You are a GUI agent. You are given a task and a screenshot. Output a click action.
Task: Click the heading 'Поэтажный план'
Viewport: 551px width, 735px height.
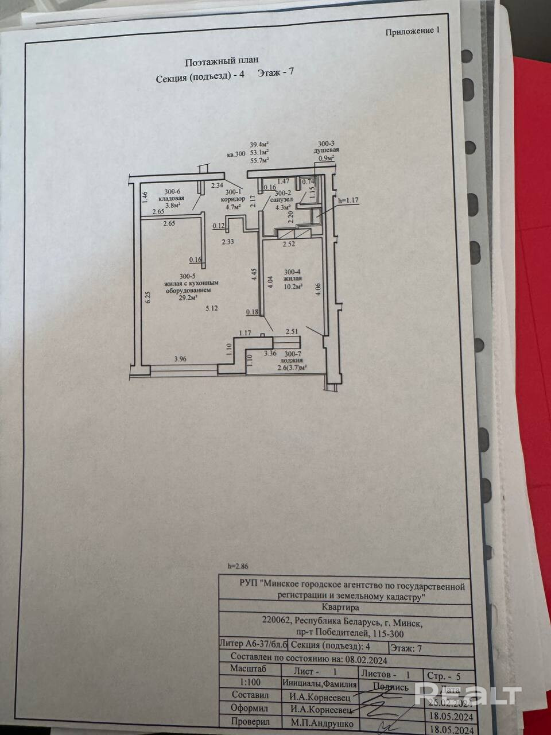tap(222, 60)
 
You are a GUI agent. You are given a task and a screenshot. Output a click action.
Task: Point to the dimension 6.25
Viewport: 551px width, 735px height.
tap(147, 296)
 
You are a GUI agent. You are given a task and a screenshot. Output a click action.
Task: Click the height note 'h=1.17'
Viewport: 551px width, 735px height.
tap(348, 200)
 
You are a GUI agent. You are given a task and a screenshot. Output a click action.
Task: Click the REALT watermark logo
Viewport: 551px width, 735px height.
tap(467, 695)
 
